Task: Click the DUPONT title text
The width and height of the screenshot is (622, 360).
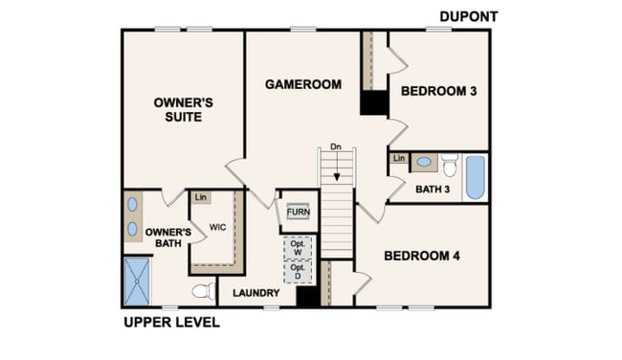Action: (x=469, y=16)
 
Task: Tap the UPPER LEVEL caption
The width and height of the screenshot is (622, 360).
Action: (x=171, y=323)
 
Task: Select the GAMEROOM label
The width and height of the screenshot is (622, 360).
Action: (x=303, y=84)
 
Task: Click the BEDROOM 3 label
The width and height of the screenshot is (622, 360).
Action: (x=438, y=91)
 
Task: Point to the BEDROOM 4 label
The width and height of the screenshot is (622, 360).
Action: (x=422, y=256)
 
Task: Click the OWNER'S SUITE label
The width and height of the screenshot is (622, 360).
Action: (x=184, y=110)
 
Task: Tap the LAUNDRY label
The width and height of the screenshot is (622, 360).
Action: (x=256, y=293)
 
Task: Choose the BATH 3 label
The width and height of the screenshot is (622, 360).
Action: (x=433, y=190)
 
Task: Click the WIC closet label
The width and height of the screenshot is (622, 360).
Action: (x=218, y=228)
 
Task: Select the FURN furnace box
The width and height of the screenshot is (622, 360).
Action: (x=298, y=213)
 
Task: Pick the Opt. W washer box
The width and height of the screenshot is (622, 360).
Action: (x=298, y=248)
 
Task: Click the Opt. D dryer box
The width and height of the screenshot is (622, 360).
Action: (x=298, y=272)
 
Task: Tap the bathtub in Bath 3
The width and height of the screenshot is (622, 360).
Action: (x=476, y=177)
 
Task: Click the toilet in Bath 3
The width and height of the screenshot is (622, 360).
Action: (x=450, y=165)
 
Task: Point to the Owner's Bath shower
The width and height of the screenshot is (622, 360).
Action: (x=137, y=281)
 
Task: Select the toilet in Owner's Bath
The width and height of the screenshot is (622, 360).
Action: (x=204, y=291)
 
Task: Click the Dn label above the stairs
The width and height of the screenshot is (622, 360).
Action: (x=336, y=146)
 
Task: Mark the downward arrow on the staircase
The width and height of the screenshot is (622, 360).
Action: (x=337, y=166)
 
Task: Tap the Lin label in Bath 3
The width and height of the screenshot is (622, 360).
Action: (x=399, y=158)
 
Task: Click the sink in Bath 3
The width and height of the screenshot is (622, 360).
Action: (x=424, y=162)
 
